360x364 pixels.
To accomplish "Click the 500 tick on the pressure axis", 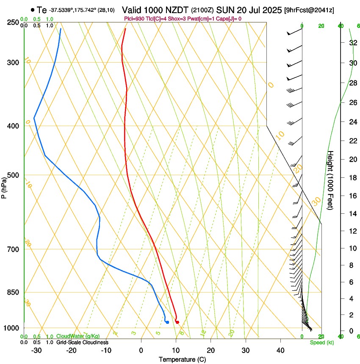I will [13, 175].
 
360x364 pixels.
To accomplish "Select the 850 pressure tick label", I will [13, 292].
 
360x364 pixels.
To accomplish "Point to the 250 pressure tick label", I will [13, 22].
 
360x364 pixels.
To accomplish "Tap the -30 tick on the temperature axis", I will [36, 350].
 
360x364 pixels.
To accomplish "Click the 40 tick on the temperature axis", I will [280, 350].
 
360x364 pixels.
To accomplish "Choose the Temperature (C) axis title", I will [182, 359].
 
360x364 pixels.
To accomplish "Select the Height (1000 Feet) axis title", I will [331, 180].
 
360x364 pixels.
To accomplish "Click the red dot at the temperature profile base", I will [177, 322].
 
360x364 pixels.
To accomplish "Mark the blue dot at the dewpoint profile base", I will [168, 322].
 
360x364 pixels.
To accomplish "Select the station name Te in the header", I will [42, 10].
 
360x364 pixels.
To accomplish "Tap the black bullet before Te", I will [33, 10].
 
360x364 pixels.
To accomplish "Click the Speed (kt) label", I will [321, 342].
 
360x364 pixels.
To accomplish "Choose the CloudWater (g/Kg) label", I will [78, 336].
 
